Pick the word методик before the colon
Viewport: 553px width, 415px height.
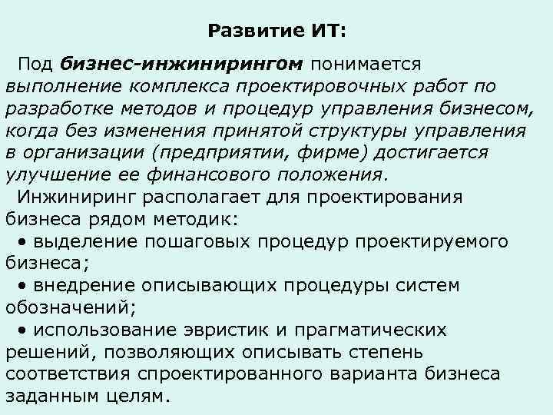click(202, 219)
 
